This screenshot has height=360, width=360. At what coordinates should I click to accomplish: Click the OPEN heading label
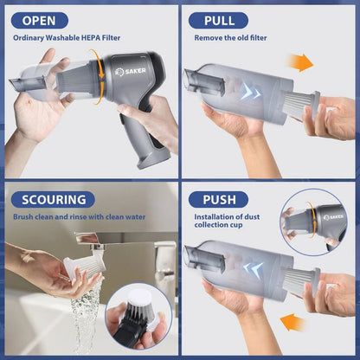40,20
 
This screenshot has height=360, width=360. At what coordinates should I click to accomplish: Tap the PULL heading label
220,20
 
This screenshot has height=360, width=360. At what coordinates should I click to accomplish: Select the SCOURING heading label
54,199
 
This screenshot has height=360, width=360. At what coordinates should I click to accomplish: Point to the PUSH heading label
220,199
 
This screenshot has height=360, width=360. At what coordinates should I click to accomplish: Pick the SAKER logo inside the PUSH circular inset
332,217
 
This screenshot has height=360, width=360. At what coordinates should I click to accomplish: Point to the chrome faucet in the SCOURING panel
95,241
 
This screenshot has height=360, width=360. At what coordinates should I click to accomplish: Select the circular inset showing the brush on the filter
138,315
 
